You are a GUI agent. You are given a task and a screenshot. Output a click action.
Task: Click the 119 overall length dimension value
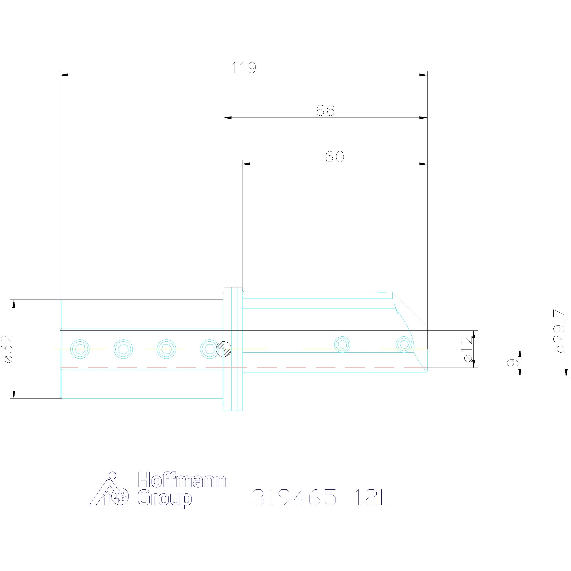[244, 68]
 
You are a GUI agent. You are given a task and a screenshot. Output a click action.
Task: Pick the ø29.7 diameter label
[561, 330]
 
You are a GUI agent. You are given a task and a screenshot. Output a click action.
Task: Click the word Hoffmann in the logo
[182, 480]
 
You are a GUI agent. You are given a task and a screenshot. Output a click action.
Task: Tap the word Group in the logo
[165, 499]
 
